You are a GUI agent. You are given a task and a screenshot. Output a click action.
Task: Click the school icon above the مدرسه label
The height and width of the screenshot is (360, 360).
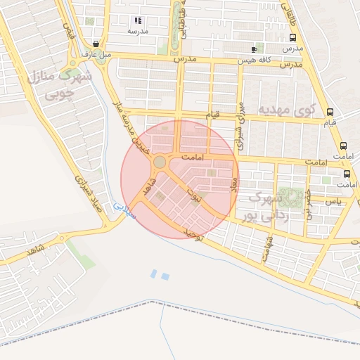tap(138, 20)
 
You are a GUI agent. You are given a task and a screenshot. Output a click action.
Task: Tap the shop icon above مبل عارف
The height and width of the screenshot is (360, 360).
tap(95, 44)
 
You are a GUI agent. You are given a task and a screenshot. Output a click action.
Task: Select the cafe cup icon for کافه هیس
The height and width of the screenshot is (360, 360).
tap(255, 49)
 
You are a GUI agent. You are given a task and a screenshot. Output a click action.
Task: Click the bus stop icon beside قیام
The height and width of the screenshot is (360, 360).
tap(330, 112)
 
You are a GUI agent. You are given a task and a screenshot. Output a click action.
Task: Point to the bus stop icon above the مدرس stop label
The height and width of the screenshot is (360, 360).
tap(292, 38)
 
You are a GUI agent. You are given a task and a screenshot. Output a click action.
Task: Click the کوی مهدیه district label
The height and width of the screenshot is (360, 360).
tap(286, 110)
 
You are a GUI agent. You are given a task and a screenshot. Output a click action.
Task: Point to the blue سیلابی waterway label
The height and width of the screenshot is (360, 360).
tap(122, 210)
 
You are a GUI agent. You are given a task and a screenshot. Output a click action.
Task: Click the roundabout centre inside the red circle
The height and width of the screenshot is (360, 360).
tap(160, 162)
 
